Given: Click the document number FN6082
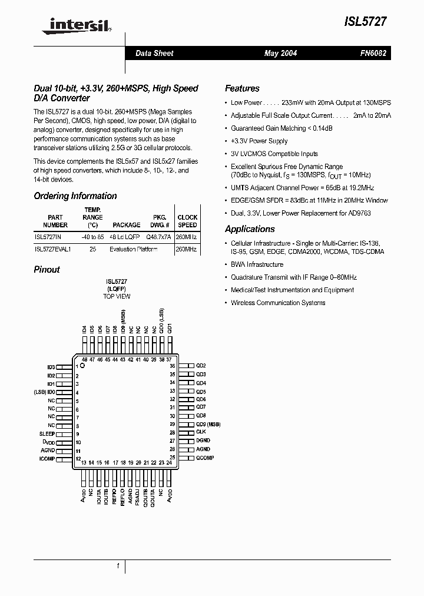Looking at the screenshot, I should (373, 54).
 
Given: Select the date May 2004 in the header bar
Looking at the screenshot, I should (280, 54).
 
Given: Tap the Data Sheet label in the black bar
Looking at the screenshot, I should (154, 54).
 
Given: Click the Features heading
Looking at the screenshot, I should (242, 88).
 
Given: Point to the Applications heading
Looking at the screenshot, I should (250, 229).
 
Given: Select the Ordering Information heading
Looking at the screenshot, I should (75, 196).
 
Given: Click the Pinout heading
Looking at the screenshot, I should (47, 269).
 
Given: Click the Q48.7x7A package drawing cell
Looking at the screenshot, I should (158, 236).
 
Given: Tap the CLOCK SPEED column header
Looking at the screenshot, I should (187, 221).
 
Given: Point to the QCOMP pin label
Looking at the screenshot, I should (205, 458).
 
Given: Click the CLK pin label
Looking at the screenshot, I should (201, 432).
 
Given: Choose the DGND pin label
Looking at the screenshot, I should (203, 441).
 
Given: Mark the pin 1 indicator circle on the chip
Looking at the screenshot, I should (82, 366).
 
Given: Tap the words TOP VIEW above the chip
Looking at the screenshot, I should (117, 296).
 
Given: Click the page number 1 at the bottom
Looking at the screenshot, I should (118, 566).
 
